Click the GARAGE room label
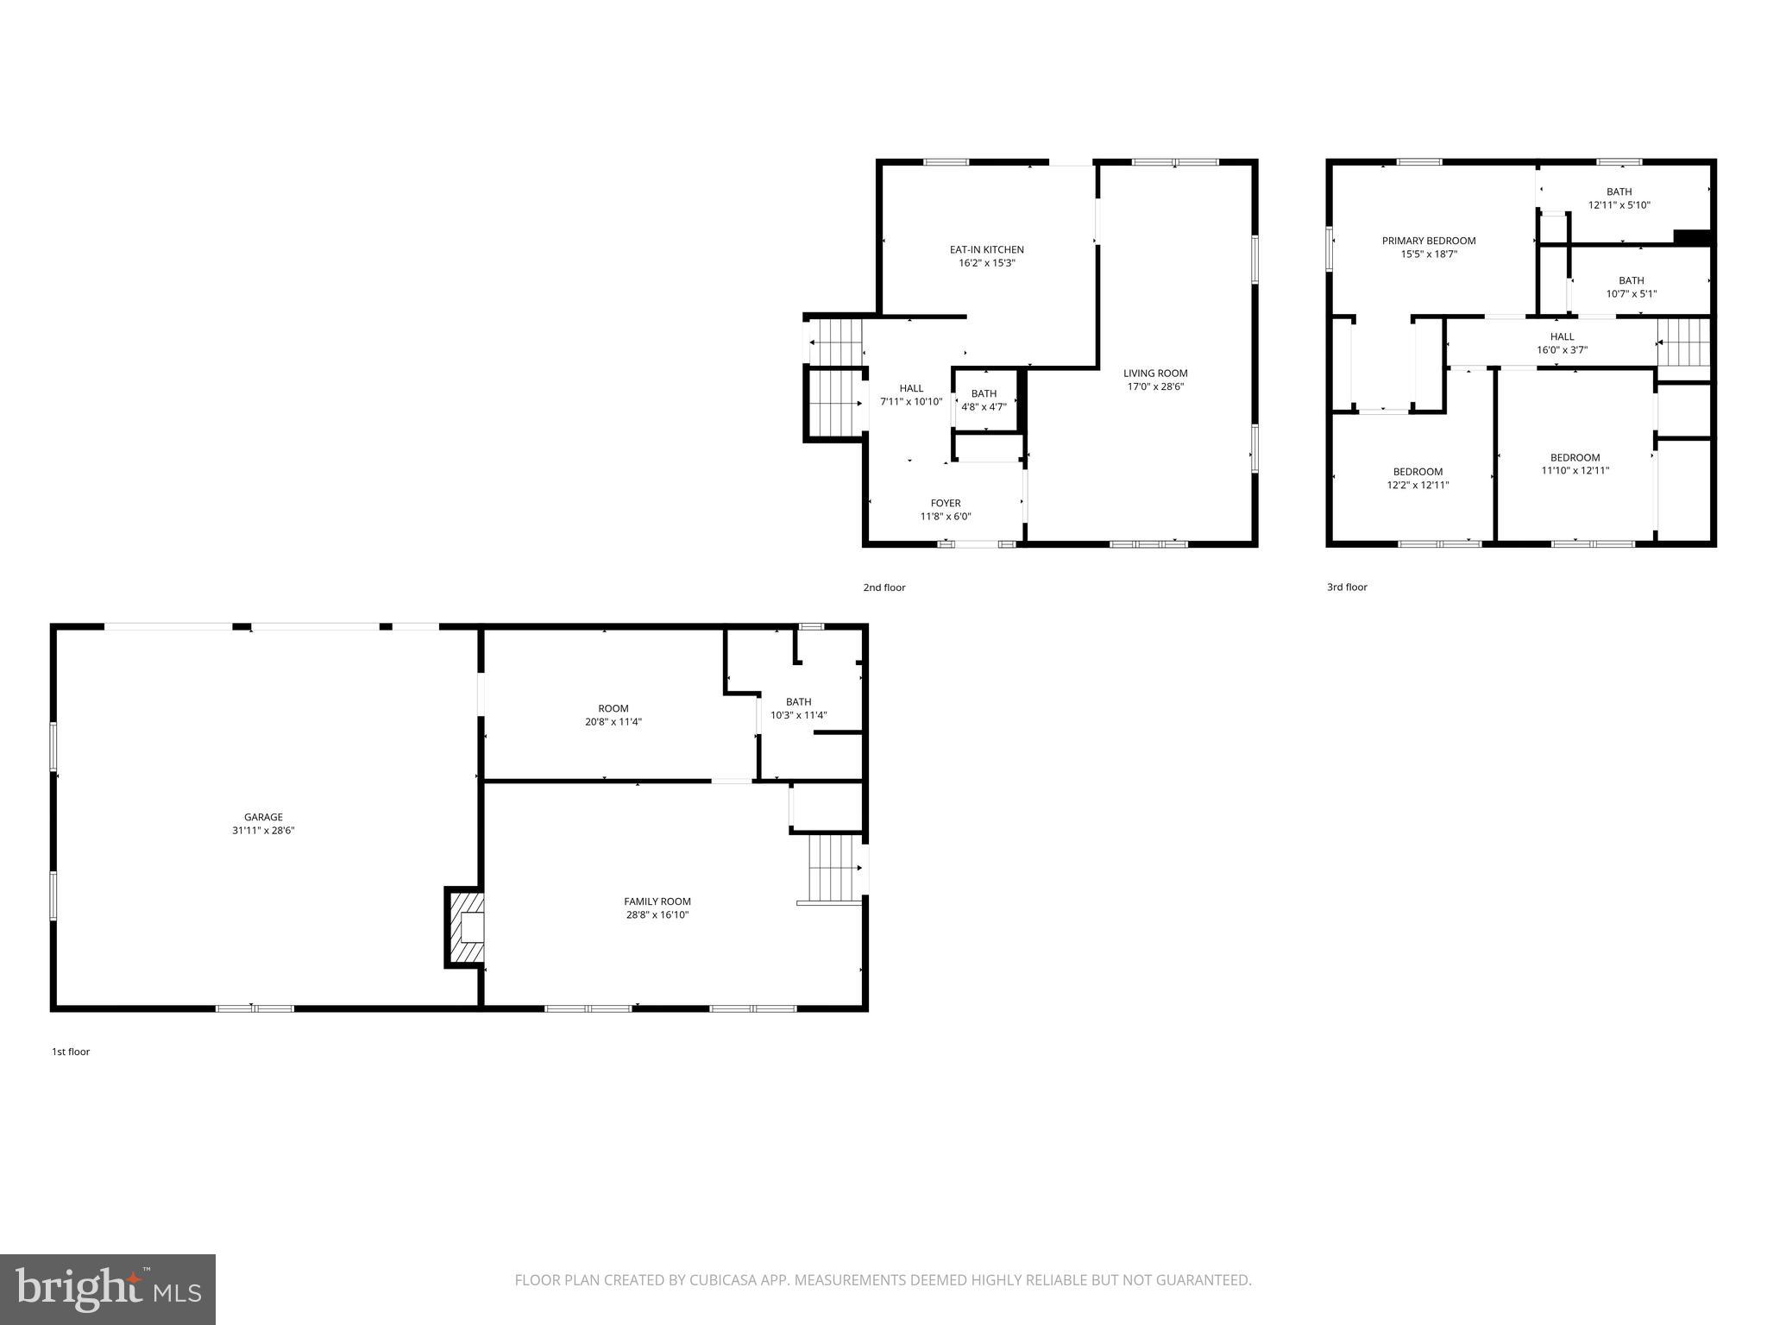[263, 817]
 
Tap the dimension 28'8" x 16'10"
[657, 914]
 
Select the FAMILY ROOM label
[657, 901]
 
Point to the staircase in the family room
[833, 868]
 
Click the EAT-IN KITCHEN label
[986, 249]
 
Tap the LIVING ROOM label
[1155, 373]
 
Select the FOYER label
[946, 503]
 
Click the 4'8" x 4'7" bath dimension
[984, 407]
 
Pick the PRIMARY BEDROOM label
[1429, 241]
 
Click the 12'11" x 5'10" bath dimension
[1619, 205]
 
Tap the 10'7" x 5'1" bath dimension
[1631, 293]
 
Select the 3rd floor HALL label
[1562, 336]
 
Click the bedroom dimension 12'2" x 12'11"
[1418, 485]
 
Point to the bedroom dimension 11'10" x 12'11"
[1575, 471]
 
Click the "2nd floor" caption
[884, 587]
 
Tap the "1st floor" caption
[71, 1052]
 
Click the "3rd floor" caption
[1347, 587]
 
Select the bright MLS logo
[108, 1289]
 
